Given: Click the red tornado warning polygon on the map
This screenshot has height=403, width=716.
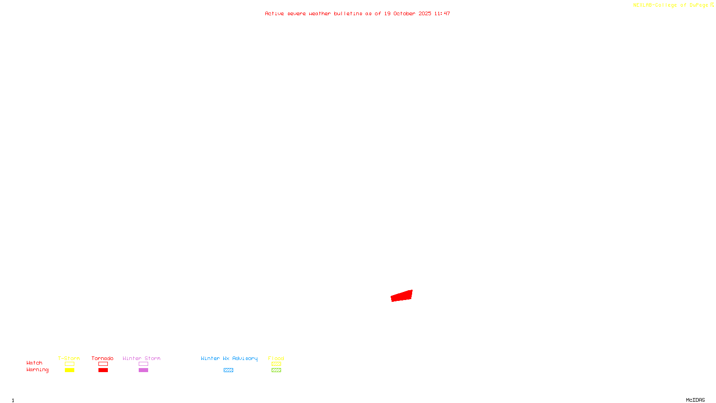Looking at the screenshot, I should tap(402, 296).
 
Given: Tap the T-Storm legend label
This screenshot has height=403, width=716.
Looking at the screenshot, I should tap(69, 358).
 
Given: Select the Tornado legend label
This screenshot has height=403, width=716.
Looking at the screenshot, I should tap(102, 358).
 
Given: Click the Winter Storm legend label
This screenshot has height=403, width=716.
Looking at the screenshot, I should tap(141, 358).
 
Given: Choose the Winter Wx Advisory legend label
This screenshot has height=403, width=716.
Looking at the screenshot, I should tap(229, 358).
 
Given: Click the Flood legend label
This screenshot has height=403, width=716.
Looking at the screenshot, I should tap(276, 358).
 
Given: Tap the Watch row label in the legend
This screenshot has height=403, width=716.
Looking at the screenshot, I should tap(34, 363).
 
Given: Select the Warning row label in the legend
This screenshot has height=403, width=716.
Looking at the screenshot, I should tap(38, 370).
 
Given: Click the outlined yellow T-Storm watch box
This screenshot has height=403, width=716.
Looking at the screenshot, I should tap(69, 364).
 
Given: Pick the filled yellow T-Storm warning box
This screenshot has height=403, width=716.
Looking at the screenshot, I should tap(69, 370).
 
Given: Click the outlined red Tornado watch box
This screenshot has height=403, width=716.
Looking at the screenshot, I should tap(103, 364).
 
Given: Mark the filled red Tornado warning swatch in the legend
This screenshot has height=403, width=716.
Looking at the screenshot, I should tap(103, 370).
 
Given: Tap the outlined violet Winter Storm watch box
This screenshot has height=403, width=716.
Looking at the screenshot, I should tap(143, 364).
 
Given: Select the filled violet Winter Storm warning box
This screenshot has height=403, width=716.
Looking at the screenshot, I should tap(143, 370).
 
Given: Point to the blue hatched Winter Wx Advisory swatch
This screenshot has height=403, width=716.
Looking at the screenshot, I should tap(228, 370).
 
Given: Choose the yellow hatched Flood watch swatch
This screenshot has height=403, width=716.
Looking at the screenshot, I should tap(276, 364).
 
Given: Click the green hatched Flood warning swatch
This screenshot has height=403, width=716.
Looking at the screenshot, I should tap(276, 370).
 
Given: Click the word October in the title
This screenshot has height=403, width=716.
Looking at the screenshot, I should tap(405, 13).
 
